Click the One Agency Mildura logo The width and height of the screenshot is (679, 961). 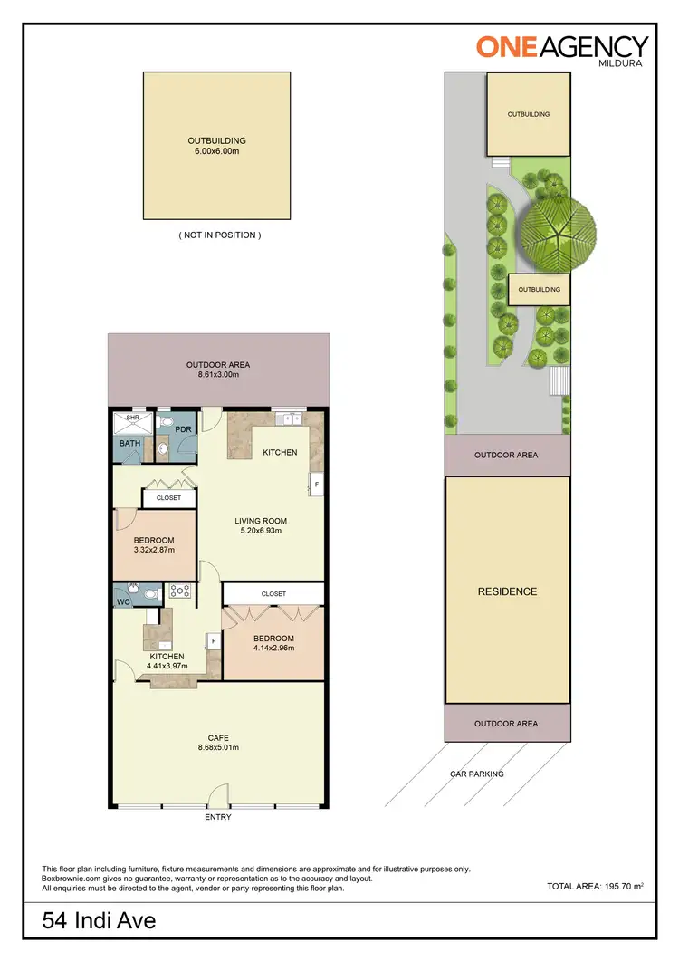[x=562, y=47]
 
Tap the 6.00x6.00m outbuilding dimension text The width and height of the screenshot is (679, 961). [x=216, y=151]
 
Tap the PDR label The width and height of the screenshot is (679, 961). [x=181, y=429]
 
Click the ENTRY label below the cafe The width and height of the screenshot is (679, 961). [x=218, y=817]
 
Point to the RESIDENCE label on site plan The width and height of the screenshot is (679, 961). [x=507, y=591]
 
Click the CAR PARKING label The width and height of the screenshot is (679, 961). [x=477, y=774]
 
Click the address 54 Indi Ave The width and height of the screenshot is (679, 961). [x=100, y=922]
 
